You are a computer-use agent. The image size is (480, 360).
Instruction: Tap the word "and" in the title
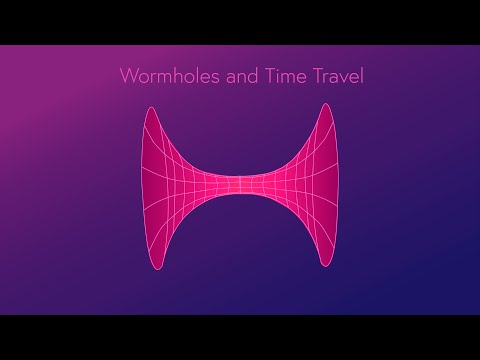click(x=218, y=76)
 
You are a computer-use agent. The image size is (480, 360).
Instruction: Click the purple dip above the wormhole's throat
click(x=240, y=140)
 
